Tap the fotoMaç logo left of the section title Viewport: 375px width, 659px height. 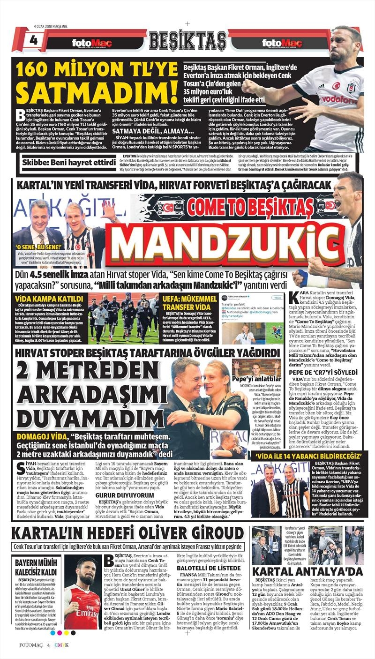(92, 44)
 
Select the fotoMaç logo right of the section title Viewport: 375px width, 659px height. (282, 44)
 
